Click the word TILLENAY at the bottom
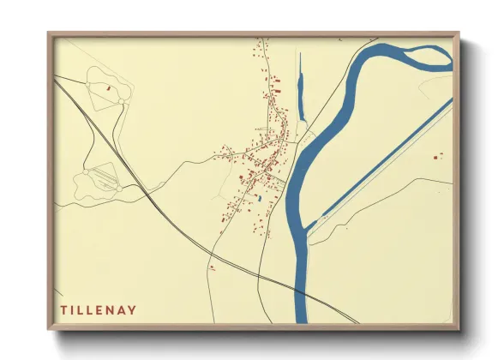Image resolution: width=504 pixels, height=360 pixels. click(99, 309)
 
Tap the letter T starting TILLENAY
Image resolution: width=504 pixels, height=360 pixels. click(63, 309)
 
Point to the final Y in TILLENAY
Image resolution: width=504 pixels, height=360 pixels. click(133, 309)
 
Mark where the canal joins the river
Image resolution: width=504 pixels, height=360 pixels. click(319, 219)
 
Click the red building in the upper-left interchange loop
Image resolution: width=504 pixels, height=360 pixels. click(108, 88)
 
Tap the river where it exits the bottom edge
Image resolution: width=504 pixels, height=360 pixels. click(302, 319)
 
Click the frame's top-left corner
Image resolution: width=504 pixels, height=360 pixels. click(50, 35)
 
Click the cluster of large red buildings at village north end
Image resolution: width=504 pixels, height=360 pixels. click(276, 87)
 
